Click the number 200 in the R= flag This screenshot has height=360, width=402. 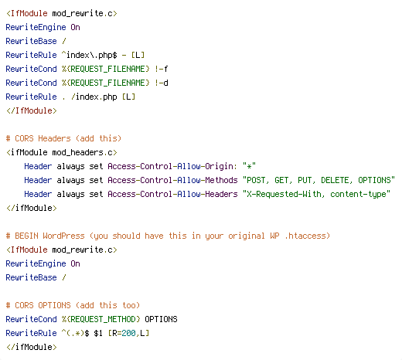(128, 333)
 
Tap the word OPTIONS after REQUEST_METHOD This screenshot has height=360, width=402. (161, 319)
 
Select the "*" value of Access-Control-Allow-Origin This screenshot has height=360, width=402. (249, 166)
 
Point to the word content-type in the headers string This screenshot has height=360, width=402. (358, 194)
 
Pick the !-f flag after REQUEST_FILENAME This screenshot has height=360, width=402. (162, 69)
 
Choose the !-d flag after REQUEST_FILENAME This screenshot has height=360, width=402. (162, 83)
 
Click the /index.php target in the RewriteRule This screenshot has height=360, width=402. (94, 97)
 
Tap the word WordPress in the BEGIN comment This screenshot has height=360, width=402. (63, 236)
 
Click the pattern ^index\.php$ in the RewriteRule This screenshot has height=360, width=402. (90, 55)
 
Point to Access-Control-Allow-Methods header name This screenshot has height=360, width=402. (172, 180)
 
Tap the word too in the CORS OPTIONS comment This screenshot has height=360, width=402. (128, 305)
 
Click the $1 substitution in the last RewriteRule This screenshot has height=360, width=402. (98, 333)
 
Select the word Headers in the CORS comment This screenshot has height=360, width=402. (54, 138)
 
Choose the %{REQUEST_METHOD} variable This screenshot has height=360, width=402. (101, 319)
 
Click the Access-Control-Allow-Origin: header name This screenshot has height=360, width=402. (172, 166)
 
